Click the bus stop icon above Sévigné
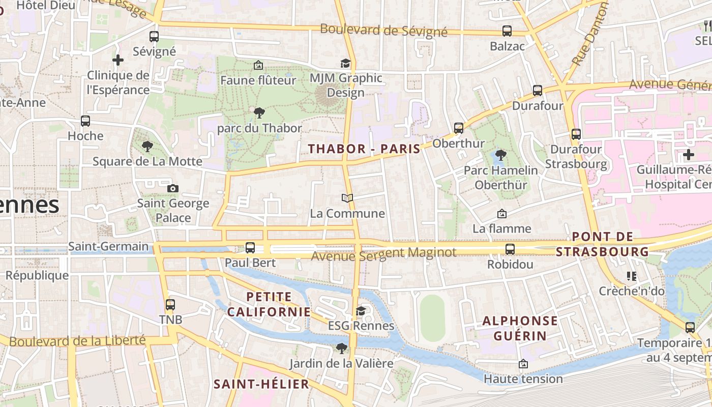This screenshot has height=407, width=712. point(154,37)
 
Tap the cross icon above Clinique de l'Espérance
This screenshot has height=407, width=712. point(118,60)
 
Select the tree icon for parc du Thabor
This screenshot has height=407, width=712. point(259,113)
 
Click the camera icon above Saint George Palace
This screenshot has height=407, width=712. point(173,188)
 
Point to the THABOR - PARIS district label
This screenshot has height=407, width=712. point(364,149)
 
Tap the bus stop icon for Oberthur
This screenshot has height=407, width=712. point(459,128)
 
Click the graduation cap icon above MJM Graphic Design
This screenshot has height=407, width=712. point(346,63)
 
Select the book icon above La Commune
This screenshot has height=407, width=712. point(347,198)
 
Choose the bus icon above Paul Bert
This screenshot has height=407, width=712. point(250,248)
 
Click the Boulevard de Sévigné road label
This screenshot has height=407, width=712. point(383,31)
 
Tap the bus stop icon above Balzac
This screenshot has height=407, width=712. point(507,31)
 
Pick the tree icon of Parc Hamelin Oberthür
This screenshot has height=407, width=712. point(501,155)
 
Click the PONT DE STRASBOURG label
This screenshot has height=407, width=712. point(603,244)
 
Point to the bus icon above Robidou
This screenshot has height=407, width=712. point(510,249)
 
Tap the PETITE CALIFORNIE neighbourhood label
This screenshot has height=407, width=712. point(269,304)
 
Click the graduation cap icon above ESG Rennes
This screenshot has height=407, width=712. point(361,311)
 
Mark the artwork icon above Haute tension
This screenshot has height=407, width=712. point(523,364)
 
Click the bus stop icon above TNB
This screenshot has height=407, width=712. point(170,305)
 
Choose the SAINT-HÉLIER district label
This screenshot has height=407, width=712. point(261,384)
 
